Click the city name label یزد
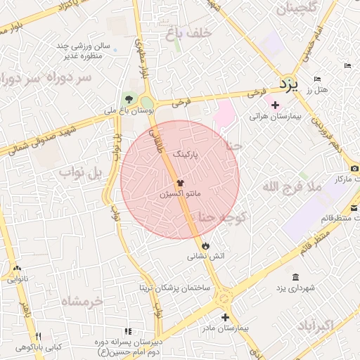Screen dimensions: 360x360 pos(288,84)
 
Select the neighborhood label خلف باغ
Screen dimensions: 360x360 pos(185,32)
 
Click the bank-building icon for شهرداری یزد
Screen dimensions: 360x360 pos(295,276)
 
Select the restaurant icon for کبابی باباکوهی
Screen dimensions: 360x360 pos(39,337)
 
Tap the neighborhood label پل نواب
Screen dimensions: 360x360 pos(80,172)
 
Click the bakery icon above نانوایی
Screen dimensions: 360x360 pos(17,268)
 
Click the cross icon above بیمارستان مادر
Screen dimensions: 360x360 pos(224,317)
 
